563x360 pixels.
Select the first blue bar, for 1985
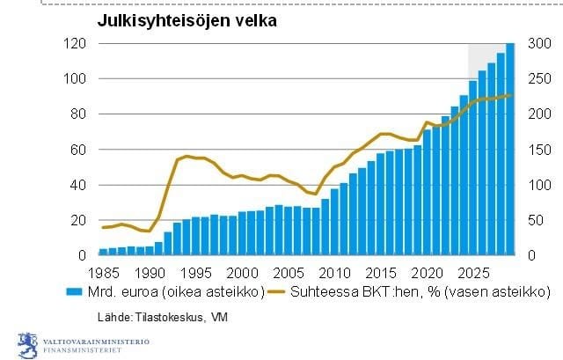point(103,252)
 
